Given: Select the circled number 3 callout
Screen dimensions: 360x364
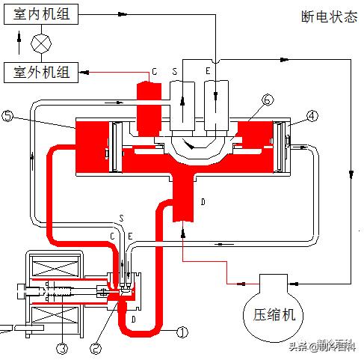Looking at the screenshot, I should [x=62, y=346].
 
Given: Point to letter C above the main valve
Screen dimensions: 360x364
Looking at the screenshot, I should [x=153, y=70].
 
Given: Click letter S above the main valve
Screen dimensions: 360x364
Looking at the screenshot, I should [x=174, y=70].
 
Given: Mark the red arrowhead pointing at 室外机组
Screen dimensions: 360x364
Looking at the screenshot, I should [x=87, y=73].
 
